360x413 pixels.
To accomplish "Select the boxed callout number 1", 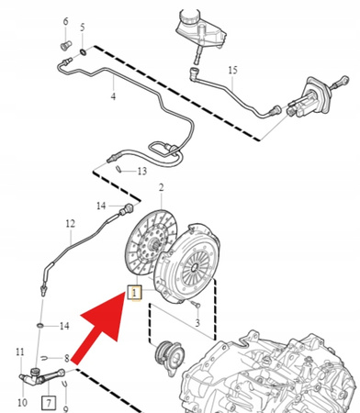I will coord(134,294).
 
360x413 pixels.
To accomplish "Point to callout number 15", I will coord(232,71).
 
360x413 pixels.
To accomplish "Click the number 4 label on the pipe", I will coord(112,95).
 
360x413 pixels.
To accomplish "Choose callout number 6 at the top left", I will coord(65,20).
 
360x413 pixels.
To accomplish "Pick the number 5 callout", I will coord(83,27).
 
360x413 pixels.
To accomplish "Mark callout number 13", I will coord(141,172).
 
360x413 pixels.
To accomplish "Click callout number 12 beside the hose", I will coord(69,223).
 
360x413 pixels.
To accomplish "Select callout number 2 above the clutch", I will coord(162,187).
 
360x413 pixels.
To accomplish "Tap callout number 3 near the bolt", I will coord(197,324).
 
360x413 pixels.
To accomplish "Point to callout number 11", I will coord(20,352).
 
